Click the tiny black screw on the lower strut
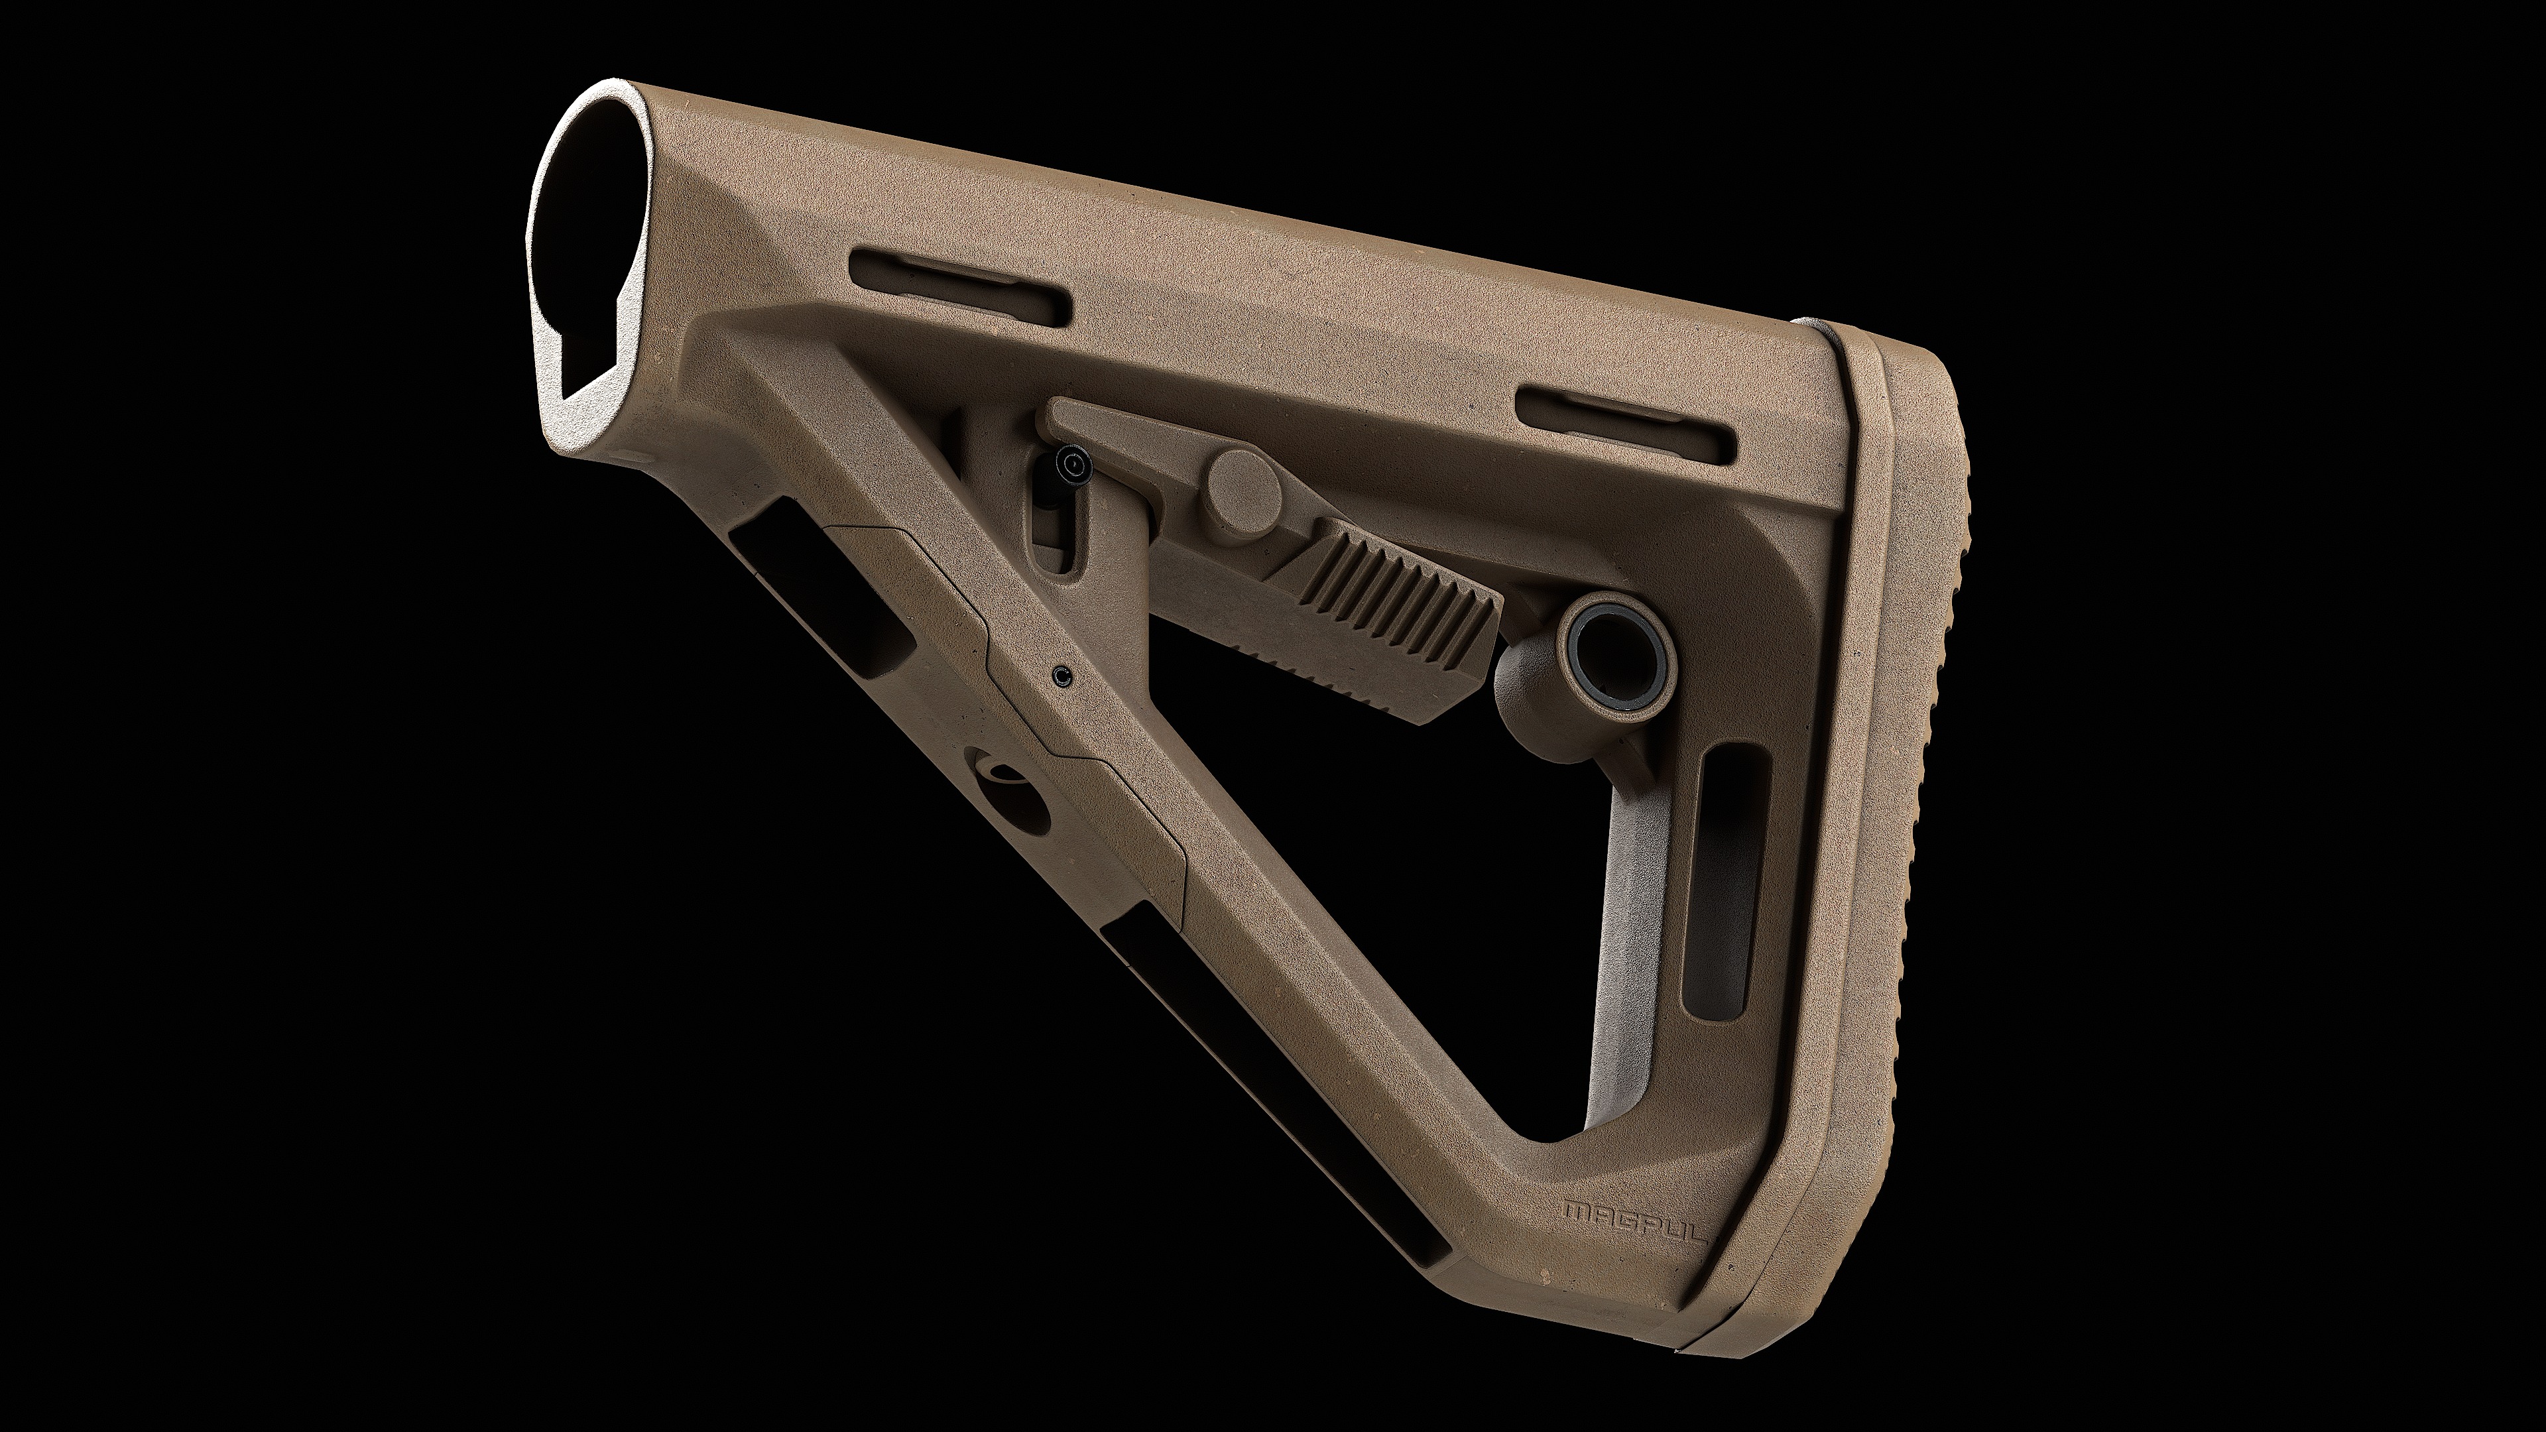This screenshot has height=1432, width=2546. (1062, 674)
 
